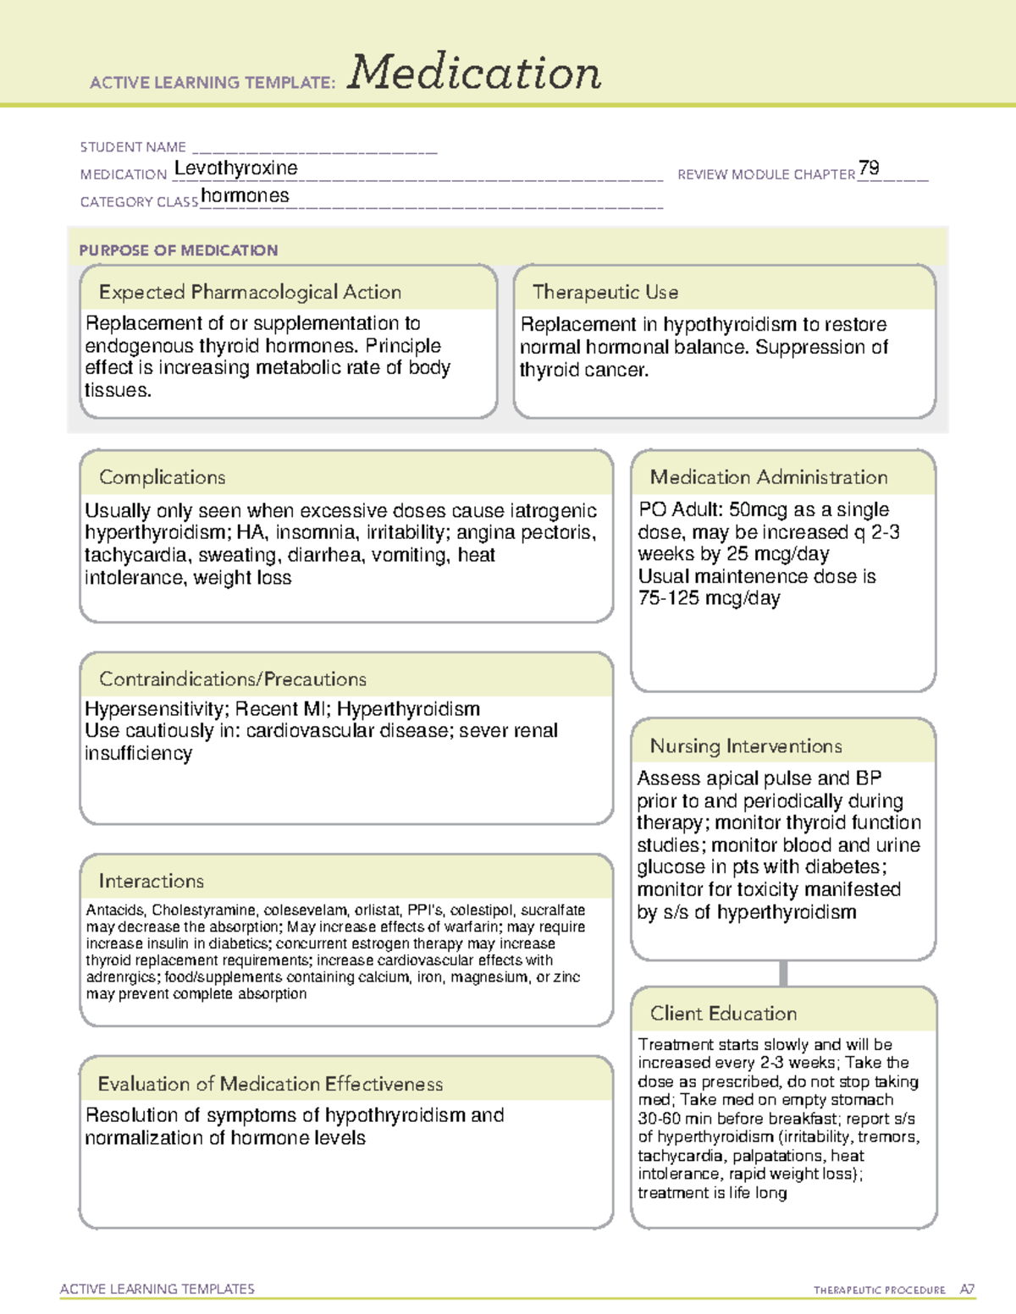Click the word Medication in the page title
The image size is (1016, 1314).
coord(474,73)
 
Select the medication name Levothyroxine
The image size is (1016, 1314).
coord(235,168)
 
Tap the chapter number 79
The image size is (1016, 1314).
coord(869,168)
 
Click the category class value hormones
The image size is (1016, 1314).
coord(245,195)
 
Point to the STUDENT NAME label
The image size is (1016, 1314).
coord(133,147)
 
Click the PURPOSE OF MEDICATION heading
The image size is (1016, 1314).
coord(179,250)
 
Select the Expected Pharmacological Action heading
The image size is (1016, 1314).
coord(250,292)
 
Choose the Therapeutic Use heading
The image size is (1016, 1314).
coord(605,292)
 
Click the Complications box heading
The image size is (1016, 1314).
coord(163,477)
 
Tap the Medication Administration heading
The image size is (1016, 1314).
coord(769,477)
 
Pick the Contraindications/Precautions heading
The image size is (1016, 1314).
coord(233,679)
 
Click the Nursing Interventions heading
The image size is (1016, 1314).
coord(746,745)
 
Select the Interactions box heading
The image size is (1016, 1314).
coord(152,881)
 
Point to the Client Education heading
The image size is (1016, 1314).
coord(724,1013)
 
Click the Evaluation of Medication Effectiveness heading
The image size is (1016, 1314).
coord(270,1084)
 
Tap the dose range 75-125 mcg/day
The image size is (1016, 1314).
coord(709,598)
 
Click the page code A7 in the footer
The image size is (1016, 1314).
coord(967,1289)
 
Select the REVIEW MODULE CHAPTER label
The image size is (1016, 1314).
coord(766,174)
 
